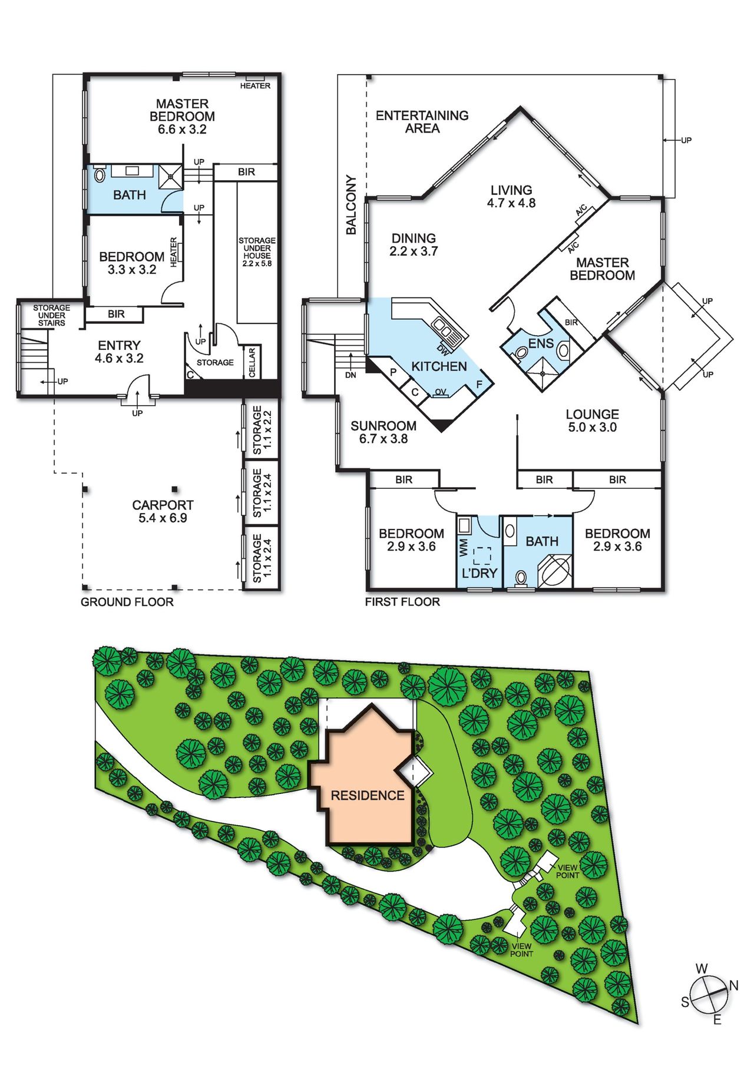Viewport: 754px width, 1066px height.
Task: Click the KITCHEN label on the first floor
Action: (x=439, y=366)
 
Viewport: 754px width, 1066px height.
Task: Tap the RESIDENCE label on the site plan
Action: (x=368, y=796)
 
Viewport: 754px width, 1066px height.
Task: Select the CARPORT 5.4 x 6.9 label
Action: (x=163, y=512)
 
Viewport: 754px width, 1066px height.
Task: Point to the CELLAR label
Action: (x=252, y=362)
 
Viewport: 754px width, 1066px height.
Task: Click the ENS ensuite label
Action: (x=541, y=343)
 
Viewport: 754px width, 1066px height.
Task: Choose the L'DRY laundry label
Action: (x=479, y=573)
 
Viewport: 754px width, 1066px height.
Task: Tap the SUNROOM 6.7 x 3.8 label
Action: (x=383, y=432)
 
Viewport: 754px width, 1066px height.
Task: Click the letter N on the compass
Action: (x=733, y=985)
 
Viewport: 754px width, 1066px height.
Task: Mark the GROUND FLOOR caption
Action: (x=127, y=602)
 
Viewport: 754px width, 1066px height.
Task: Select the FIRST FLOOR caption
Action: (x=402, y=602)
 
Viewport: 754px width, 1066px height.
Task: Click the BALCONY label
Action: (x=351, y=205)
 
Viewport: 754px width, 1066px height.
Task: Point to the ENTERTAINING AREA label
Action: (x=422, y=122)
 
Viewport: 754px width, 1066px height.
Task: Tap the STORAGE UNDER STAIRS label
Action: (x=51, y=316)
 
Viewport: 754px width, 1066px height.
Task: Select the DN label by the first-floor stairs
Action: (x=350, y=375)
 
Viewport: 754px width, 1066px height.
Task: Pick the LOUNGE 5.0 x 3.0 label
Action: (x=593, y=421)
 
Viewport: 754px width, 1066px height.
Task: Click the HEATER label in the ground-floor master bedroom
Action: (x=255, y=86)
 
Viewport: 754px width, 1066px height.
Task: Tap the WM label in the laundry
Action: (x=464, y=547)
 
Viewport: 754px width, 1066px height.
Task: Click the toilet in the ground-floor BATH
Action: (x=100, y=174)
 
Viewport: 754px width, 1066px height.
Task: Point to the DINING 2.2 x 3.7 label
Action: (x=414, y=244)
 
